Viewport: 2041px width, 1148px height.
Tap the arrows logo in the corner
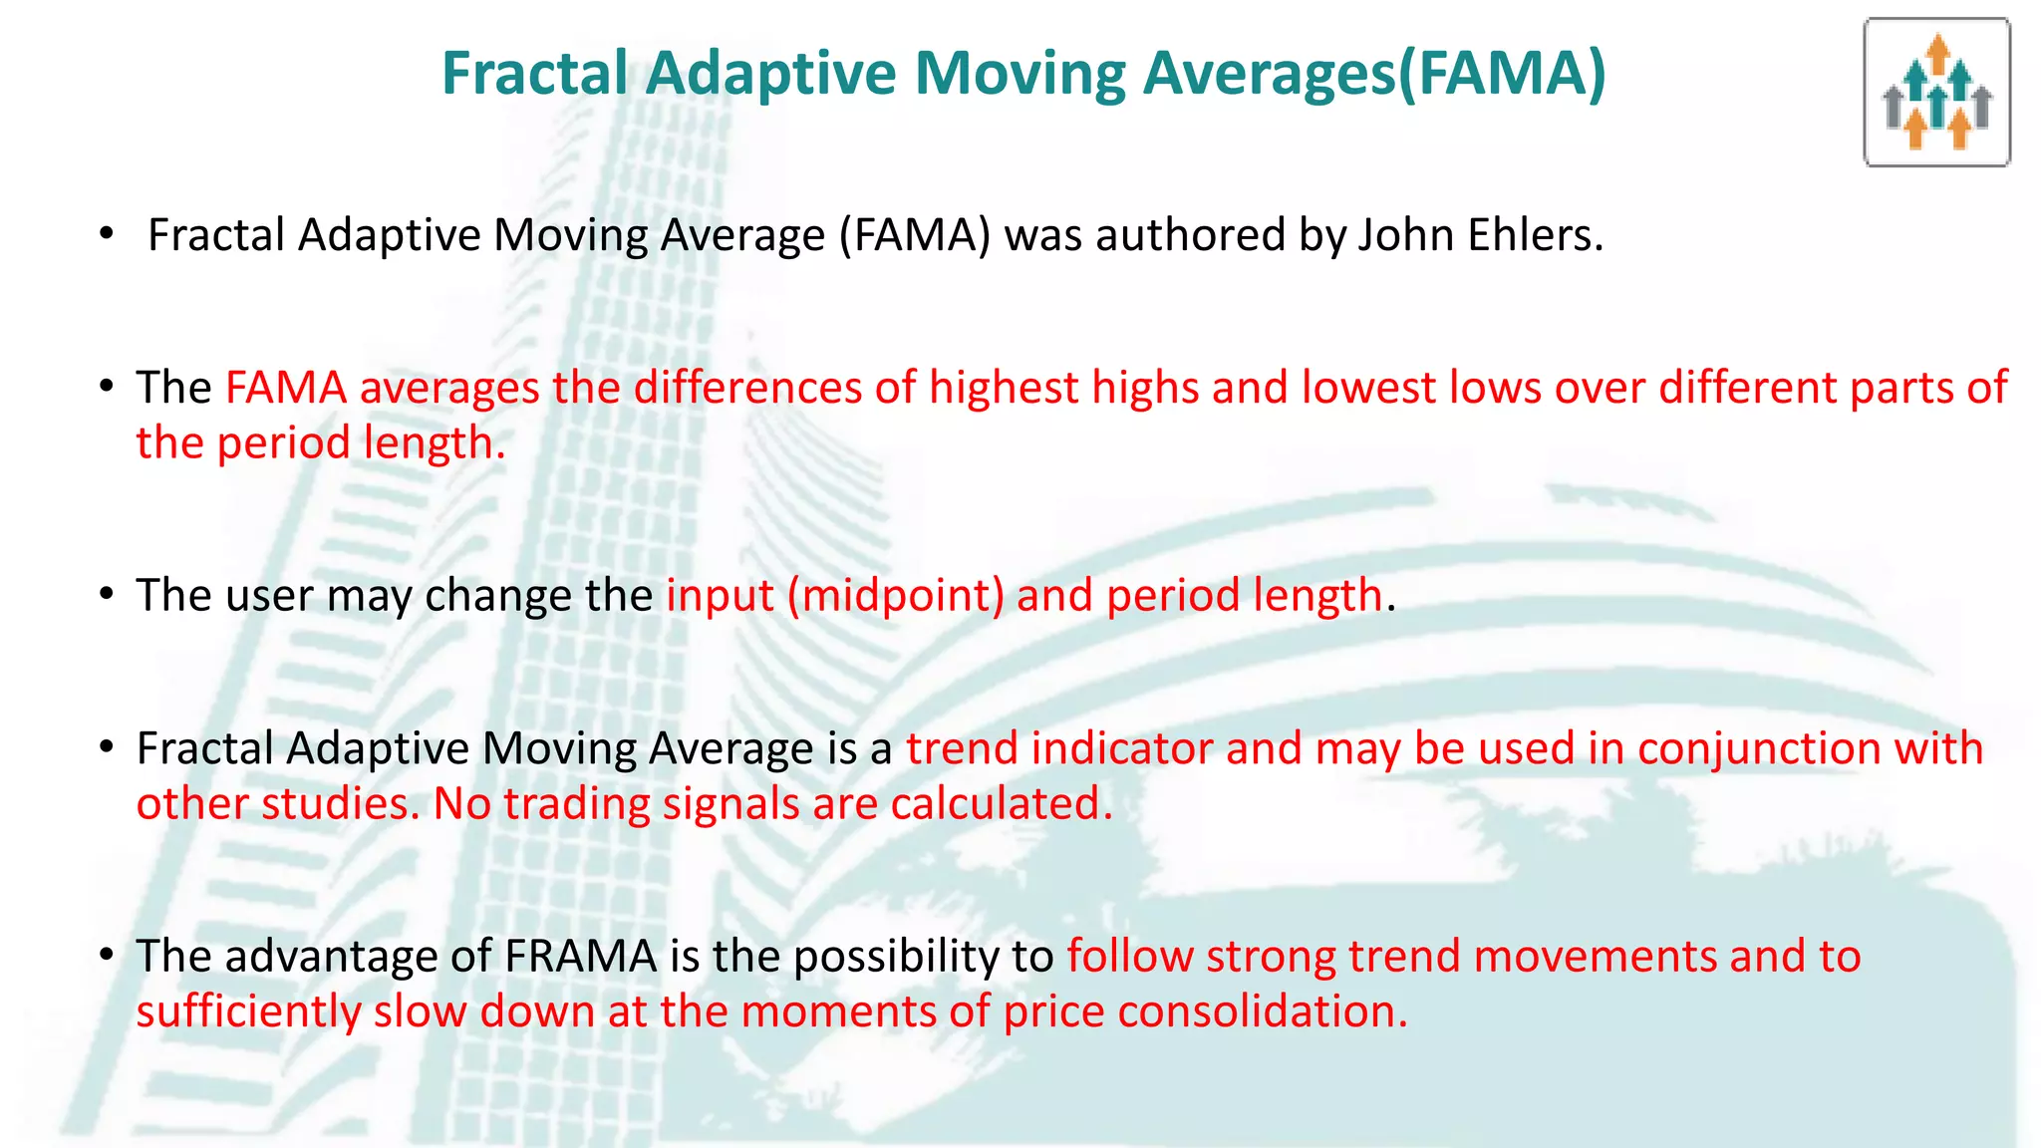click(x=1936, y=93)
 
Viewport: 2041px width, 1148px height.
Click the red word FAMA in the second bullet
click(x=286, y=388)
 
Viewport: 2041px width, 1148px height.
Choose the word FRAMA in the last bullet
click(x=581, y=957)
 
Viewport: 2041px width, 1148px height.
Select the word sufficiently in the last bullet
click(x=249, y=1011)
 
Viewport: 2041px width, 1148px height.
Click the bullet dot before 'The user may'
click(x=107, y=595)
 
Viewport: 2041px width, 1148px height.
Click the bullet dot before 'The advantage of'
click(x=107, y=956)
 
